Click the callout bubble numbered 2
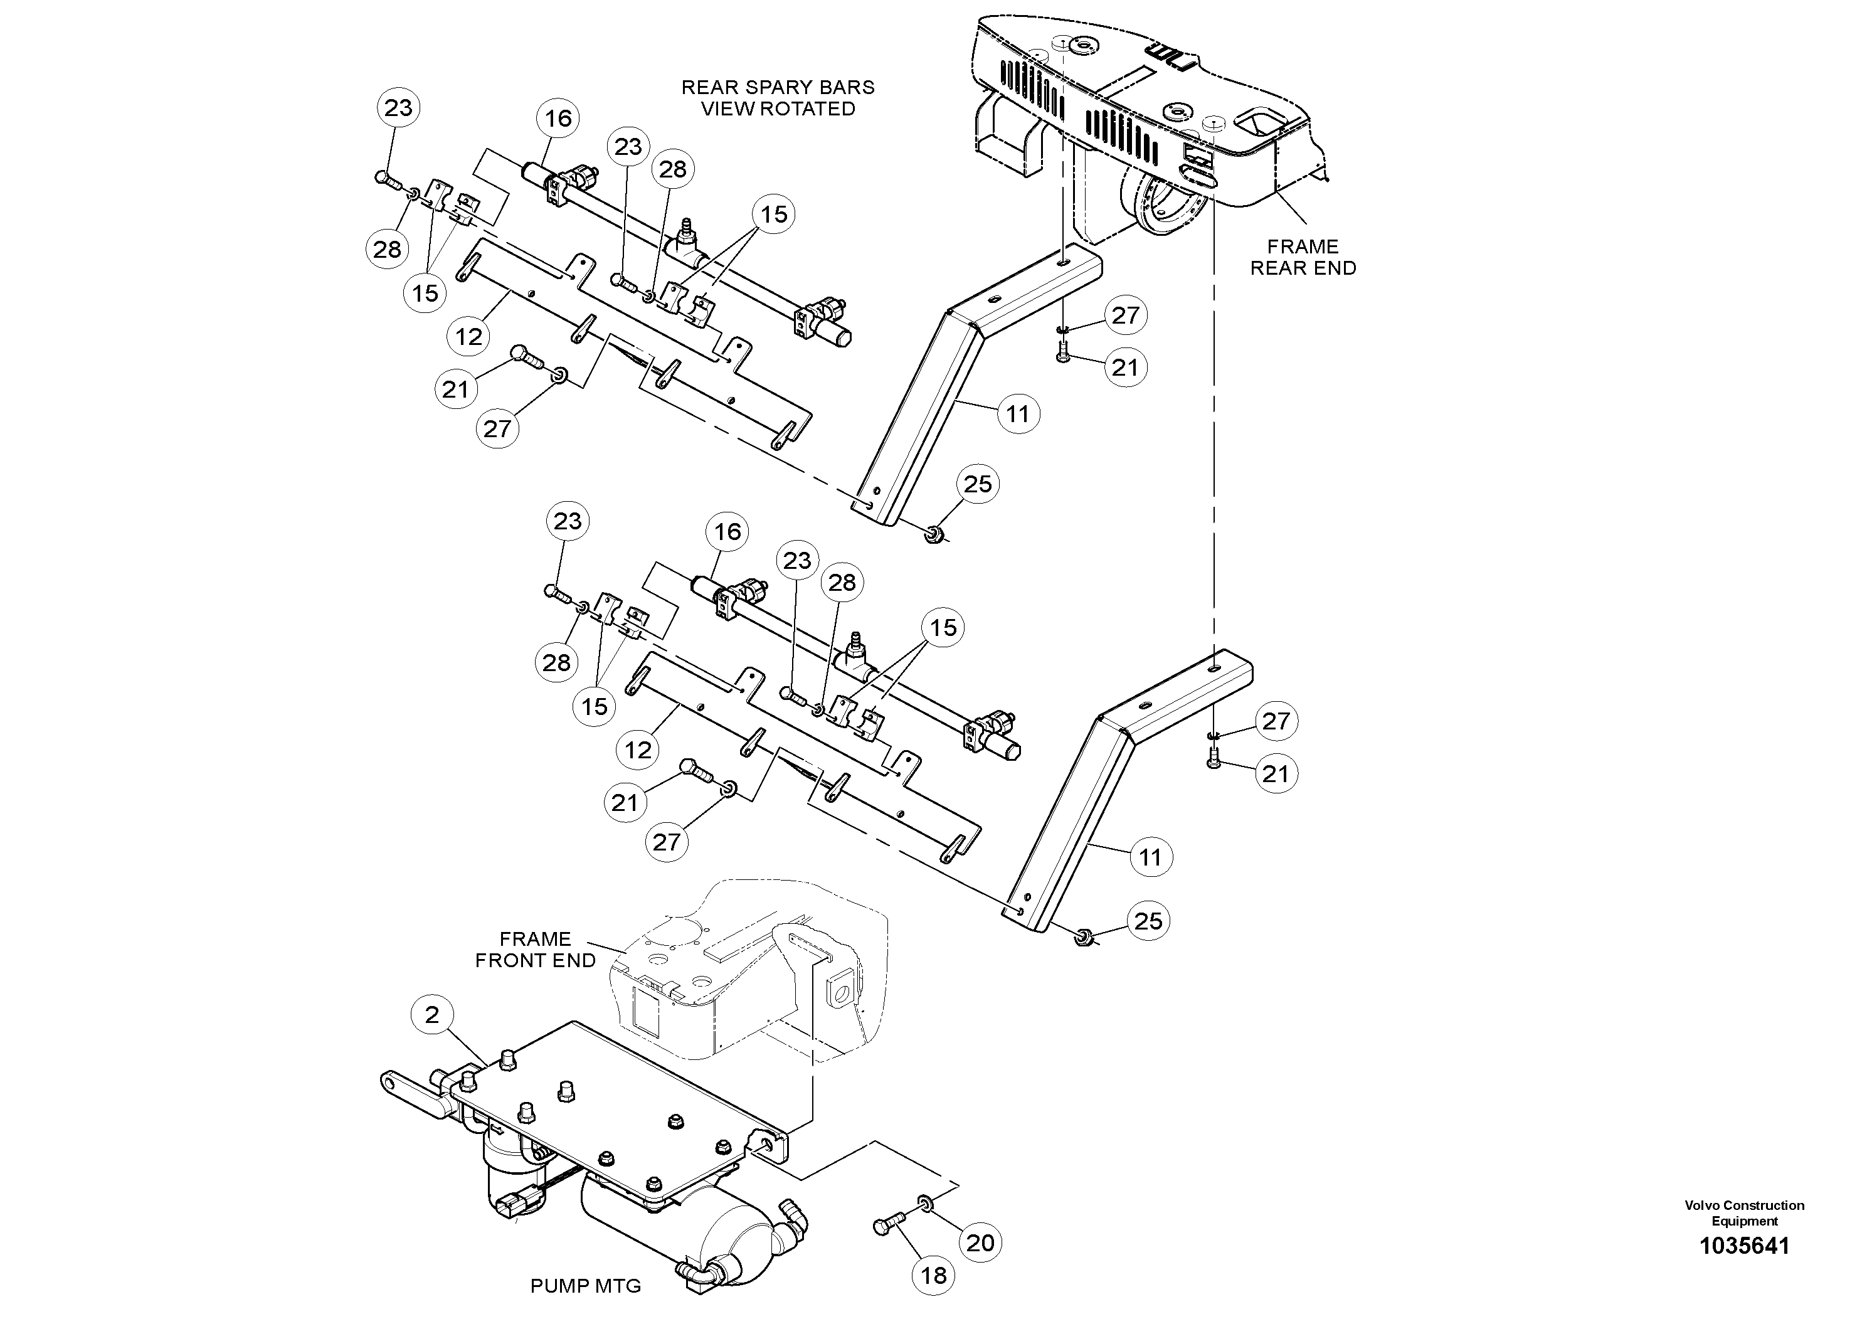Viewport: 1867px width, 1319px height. (x=431, y=1014)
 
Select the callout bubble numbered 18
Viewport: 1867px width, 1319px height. (x=933, y=1275)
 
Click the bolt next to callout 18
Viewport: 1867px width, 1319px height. (x=888, y=1226)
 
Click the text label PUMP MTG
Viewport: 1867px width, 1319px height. (x=586, y=1286)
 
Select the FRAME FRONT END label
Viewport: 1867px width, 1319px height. (x=535, y=950)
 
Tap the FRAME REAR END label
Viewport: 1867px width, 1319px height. (x=1303, y=257)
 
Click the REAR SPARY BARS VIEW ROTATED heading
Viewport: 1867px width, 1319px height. (x=778, y=98)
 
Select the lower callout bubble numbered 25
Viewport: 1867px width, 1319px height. (x=1148, y=921)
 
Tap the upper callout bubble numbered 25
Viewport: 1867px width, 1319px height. (x=978, y=484)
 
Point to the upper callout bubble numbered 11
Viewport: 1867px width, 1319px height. (x=1018, y=414)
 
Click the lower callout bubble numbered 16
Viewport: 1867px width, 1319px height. (x=727, y=531)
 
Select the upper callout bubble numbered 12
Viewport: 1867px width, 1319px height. (x=469, y=336)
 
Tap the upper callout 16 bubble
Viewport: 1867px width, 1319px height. (x=558, y=118)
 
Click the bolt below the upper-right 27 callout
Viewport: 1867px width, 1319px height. (x=1064, y=352)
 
